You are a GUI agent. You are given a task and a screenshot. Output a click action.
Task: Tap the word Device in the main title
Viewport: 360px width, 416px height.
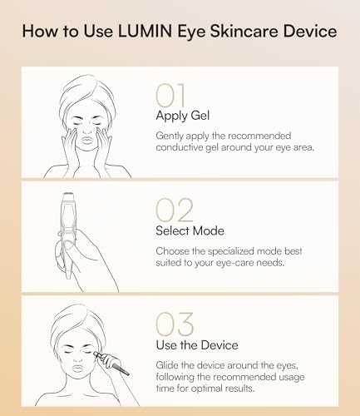click(x=307, y=32)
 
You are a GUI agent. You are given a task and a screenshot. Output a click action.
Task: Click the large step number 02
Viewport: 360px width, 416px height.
click(x=175, y=211)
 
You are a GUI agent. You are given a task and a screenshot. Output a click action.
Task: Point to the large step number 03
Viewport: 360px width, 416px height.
click(x=175, y=324)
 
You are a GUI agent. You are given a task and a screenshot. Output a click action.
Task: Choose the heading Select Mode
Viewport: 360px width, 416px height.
click(x=190, y=231)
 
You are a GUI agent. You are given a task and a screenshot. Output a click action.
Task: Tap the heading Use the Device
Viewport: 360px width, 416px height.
click(x=196, y=344)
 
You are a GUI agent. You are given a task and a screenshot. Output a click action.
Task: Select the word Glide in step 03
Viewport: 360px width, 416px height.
click(x=168, y=364)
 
